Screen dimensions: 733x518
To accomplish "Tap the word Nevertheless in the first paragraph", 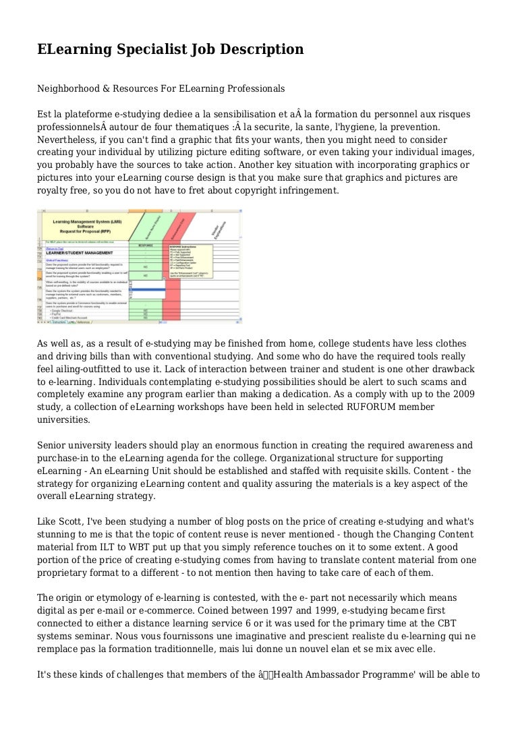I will [69, 140].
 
